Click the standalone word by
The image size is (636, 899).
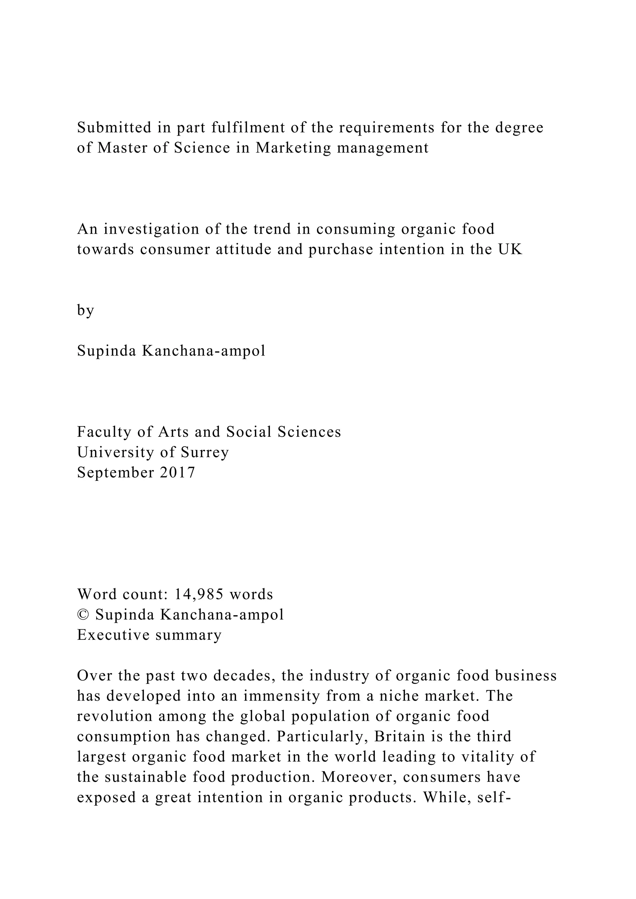[85, 310]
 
